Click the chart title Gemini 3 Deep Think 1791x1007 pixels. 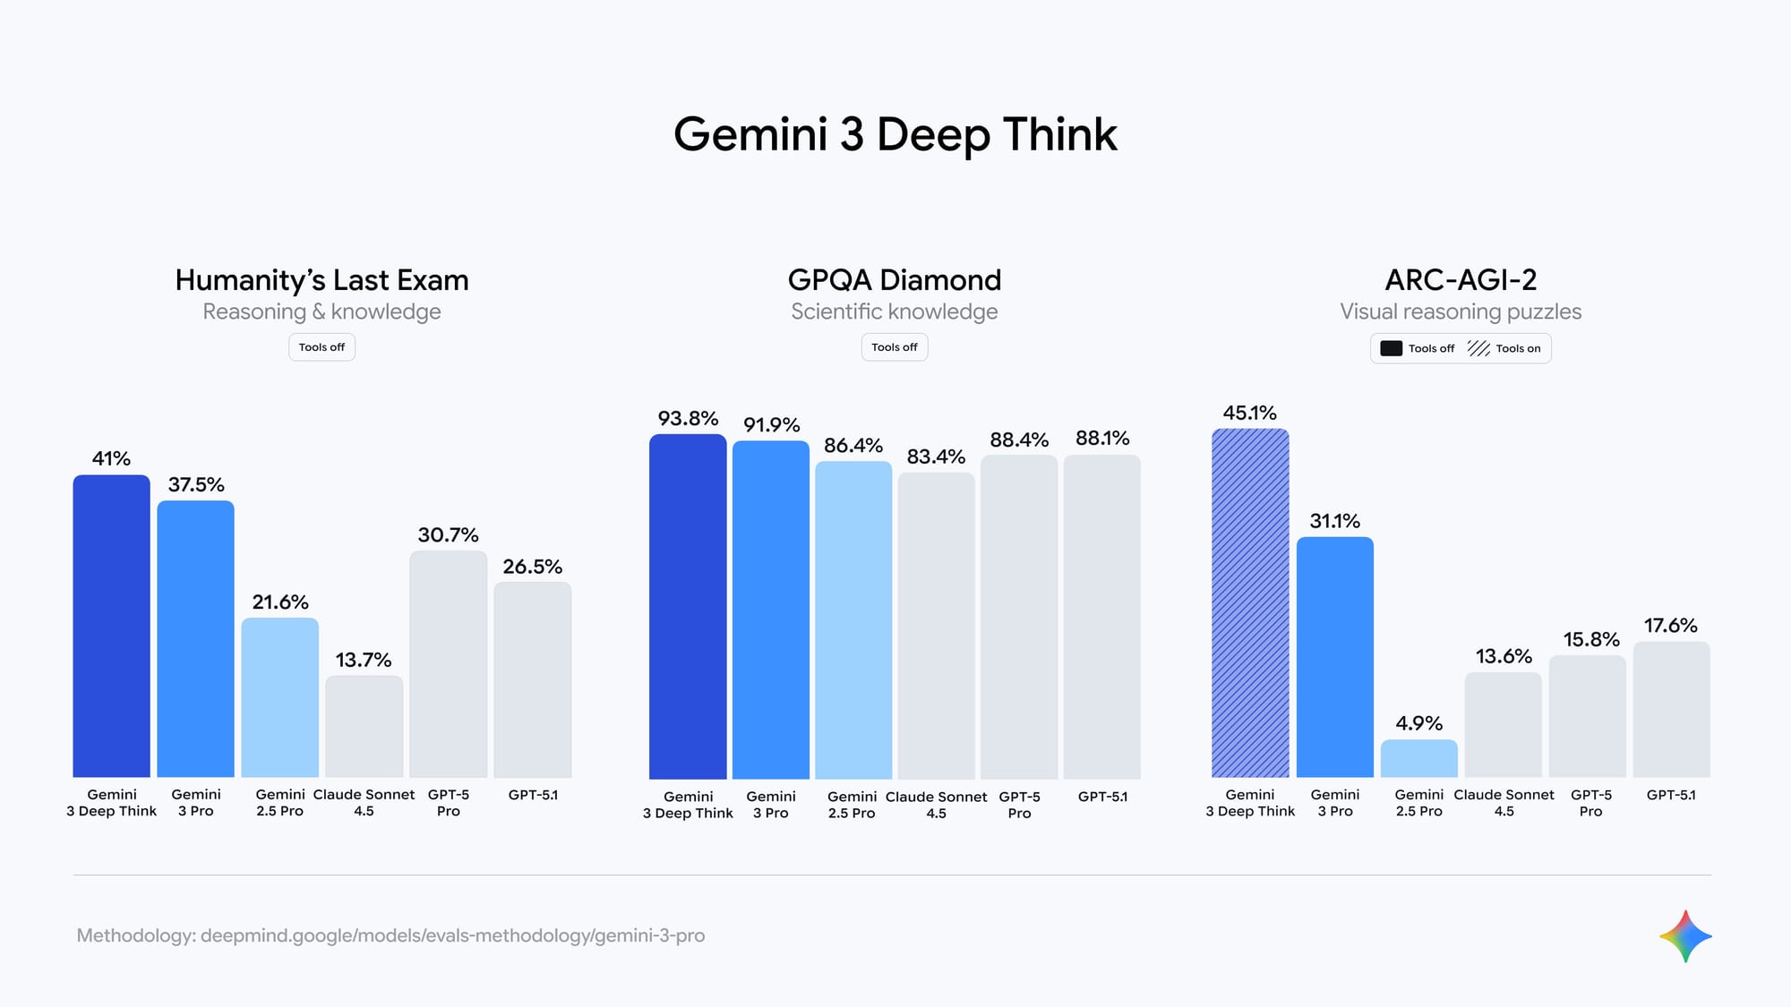click(895, 134)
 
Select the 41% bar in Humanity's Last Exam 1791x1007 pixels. click(111, 626)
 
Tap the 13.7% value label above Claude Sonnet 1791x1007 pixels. click(364, 660)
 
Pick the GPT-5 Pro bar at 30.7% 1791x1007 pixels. click(448, 663)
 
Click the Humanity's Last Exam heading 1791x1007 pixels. click(321, 280)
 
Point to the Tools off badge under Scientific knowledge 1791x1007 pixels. click(894, 347)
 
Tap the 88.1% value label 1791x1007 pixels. click(1102, 438)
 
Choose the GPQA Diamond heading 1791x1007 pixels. click(894, 280)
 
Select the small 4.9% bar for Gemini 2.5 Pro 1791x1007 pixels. click(1418, 758)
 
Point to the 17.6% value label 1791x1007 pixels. click(1671, 626)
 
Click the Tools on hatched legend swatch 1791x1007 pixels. click(1478, 348)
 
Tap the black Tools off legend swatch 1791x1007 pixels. click(1391, 348)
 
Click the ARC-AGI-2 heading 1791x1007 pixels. click(1461, 280)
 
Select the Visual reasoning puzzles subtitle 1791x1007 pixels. click(1461, 311)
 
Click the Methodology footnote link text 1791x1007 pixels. click(390, 935)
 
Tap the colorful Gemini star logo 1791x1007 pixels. click(1685, 936)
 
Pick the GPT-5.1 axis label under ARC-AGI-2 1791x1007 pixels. click(1671, 795)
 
